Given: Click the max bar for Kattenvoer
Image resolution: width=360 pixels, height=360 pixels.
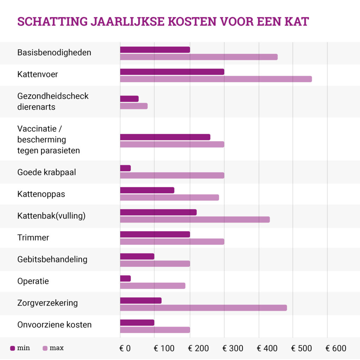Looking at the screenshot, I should click(216, 79).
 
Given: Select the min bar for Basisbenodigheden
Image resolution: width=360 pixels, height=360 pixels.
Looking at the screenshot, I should click(155, 50).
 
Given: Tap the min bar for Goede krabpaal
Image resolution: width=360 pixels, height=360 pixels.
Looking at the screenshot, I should click(126, 168).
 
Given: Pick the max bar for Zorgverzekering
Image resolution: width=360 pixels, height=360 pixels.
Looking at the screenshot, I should click(203, 308).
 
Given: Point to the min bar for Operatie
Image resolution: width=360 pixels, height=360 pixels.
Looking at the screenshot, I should click(126, 278).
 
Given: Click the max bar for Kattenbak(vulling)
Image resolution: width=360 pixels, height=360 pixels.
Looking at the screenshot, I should click(195, 219).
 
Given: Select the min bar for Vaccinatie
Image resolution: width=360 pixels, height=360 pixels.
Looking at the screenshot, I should click(165, 137).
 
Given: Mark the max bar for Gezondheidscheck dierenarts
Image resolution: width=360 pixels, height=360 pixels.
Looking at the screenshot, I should click(134, 106).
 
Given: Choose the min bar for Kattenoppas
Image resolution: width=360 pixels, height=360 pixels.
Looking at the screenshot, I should click(147, 190).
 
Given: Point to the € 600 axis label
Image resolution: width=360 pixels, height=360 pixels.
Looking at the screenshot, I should click(336, 348).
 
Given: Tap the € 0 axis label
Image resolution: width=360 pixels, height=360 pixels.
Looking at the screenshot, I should click(125, 348).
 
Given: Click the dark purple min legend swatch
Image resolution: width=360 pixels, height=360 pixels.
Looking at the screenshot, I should click(13, 348).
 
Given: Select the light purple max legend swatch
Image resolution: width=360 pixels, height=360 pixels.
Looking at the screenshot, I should click(45, 348).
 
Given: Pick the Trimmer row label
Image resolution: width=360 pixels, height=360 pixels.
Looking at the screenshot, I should click(33, 238).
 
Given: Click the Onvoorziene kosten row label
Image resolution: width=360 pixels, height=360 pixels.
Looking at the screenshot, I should click(54, 324).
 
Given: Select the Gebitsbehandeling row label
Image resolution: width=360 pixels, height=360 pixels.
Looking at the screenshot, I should click(52, 259).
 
